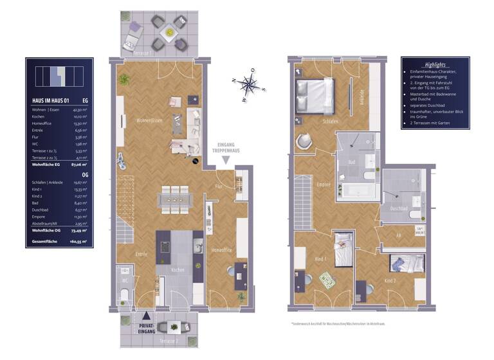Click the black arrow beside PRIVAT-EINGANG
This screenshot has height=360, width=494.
coord(147,315)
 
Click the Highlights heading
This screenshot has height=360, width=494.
coord(435,65)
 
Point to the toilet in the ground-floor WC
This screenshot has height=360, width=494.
coord(124,296)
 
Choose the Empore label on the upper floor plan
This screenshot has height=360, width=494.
coord(324,184)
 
